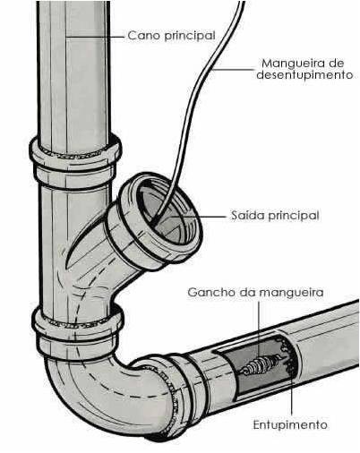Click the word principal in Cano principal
(190, 36)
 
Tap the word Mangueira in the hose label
(291, 64)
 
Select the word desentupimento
(304, 74)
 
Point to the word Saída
(247, 215)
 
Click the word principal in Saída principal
(293, 216)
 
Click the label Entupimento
(290, 424)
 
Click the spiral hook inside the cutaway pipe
(260, 363)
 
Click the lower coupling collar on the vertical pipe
(78, 331)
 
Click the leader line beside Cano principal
(95, 37)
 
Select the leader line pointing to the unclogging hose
(234, 70)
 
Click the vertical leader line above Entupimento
(292, 391)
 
